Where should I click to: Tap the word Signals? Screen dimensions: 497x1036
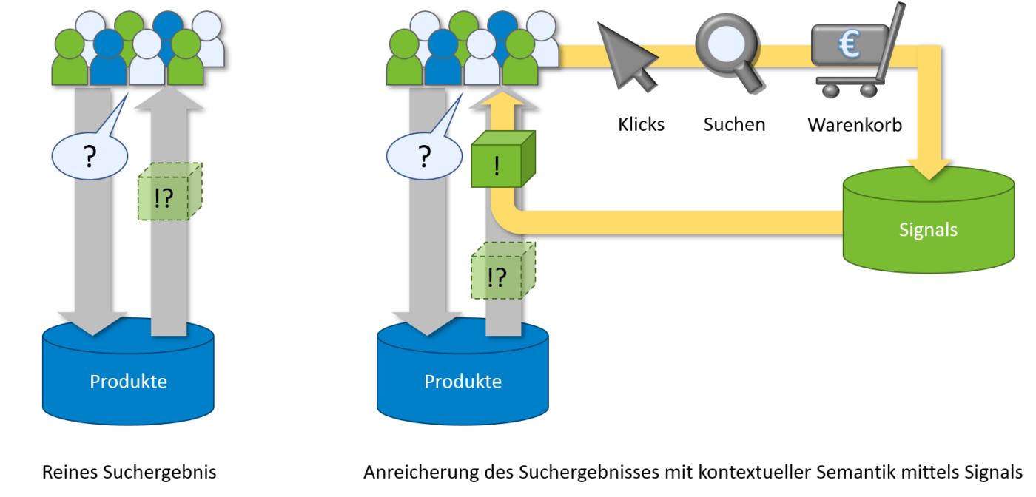(x=928, y=230)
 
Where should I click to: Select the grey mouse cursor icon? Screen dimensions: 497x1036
(x=626, y=55)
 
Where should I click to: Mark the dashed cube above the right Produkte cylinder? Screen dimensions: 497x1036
(x=502, y=274)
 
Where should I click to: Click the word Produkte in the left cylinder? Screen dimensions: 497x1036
(x=128, y=382)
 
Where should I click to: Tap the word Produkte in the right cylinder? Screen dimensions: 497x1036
(x=462, y=382)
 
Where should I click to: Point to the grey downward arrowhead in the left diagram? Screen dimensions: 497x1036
(x=92, y=322)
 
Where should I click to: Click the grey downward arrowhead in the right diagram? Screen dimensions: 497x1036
(x=427, y=322)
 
